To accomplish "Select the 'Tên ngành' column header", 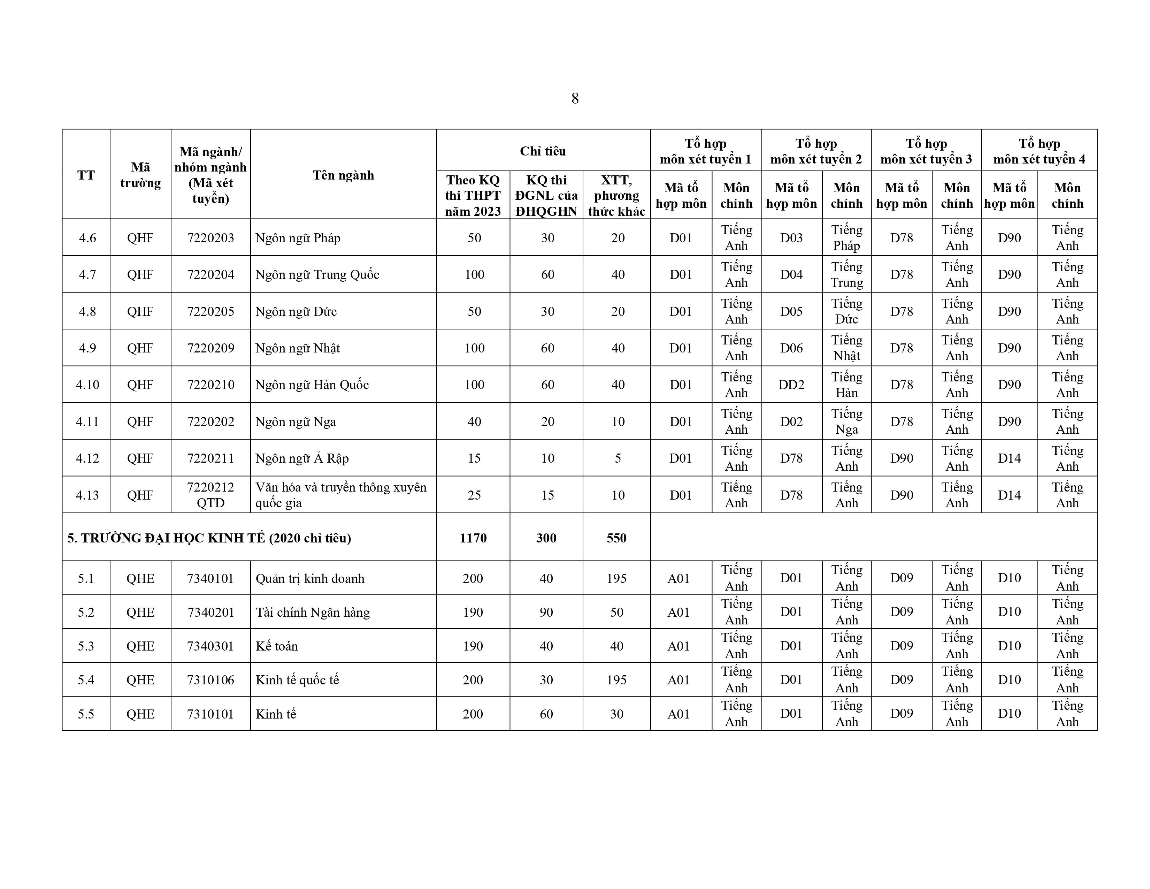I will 343,175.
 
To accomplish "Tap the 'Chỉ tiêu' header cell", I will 543,151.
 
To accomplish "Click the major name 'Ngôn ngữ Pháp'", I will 298,238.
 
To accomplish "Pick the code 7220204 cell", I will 210,274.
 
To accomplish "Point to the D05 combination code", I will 791,311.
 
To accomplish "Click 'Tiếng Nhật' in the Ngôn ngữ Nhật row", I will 847,348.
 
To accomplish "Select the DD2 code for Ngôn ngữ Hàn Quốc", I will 791,385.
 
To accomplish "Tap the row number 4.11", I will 87,421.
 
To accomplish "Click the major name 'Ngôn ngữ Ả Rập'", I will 302,458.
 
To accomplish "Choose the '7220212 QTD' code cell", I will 210,495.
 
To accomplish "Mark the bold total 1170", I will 473,538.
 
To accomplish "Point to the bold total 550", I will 616,538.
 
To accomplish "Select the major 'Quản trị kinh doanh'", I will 310,578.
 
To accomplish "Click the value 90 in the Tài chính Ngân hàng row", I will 546,612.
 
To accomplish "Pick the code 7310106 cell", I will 210,680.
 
